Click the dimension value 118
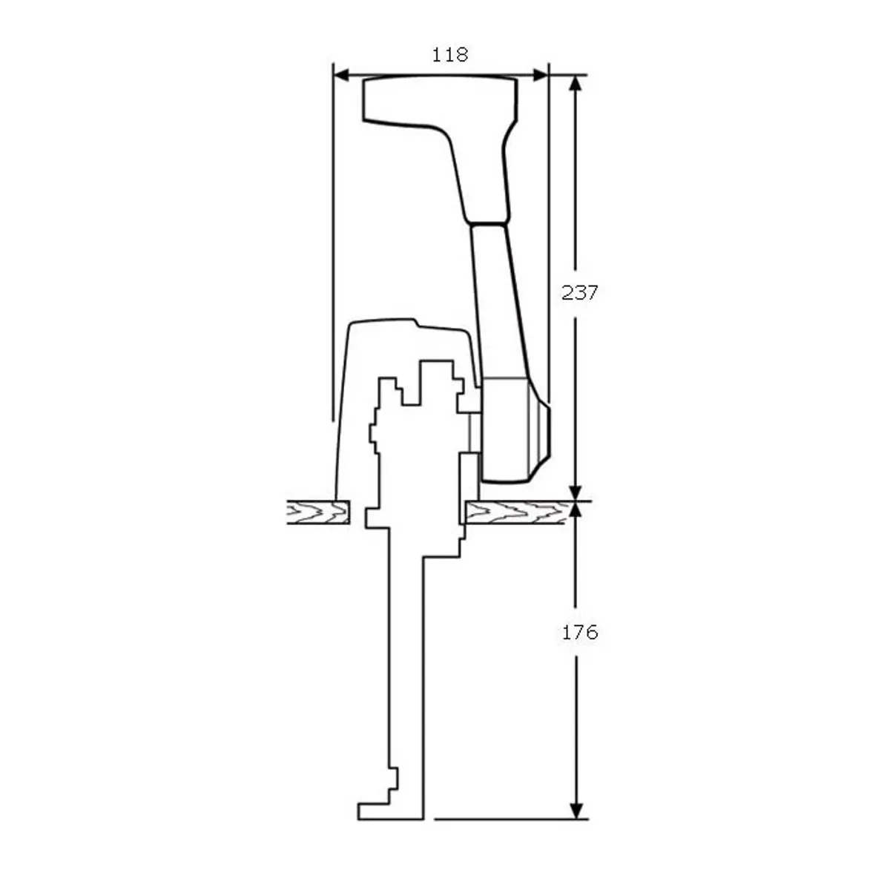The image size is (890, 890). [x=449, y=55]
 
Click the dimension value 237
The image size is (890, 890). [x=579, y=292]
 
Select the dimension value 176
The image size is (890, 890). [x=579, y=633]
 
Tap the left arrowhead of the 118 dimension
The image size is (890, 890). [x=341, y=75]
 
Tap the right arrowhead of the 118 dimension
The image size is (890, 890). [x=540, y=75]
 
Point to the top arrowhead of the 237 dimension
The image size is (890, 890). [x=575, y=83]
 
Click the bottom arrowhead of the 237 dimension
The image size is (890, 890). [x=575, y=492]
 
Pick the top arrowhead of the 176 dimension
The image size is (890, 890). [x=575, y=510]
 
